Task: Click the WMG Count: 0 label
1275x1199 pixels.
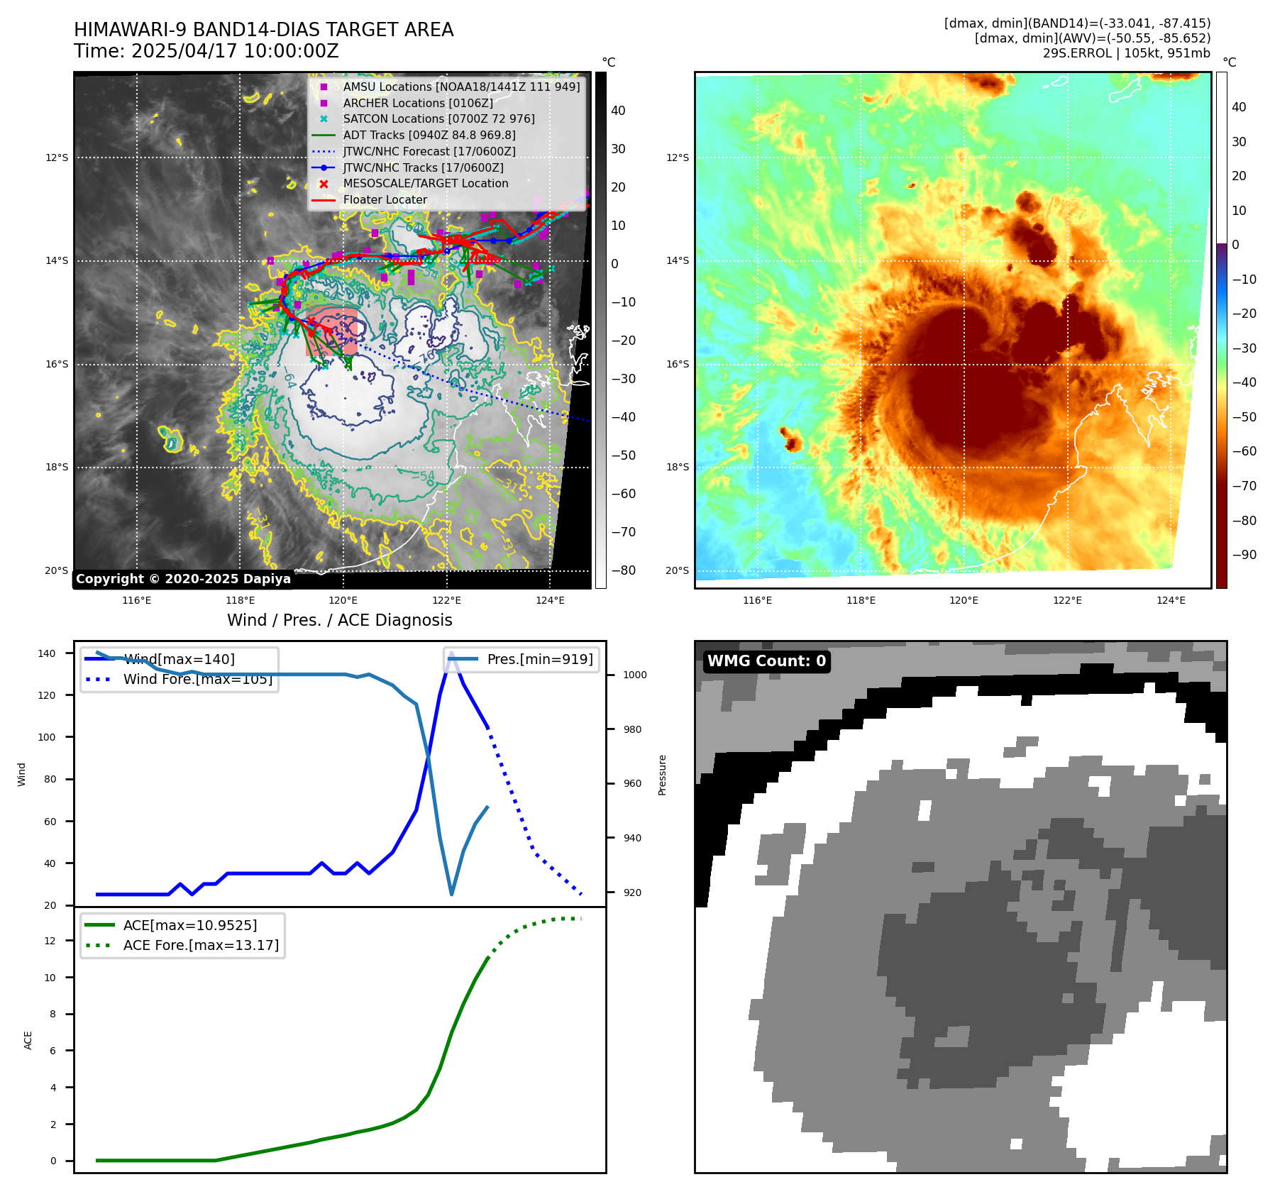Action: coord(766,661)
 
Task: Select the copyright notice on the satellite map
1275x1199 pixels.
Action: coord(183,579)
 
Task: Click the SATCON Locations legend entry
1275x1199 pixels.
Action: coord(438,119)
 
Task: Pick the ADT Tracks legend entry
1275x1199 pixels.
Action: coord(429,135)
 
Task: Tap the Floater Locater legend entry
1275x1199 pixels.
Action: coord(385,200)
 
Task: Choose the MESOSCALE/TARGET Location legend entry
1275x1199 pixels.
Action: coord(426,184)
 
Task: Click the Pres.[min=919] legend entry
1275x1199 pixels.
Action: coord(539,659)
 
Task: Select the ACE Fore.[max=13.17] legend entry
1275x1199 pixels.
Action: coord(201,945)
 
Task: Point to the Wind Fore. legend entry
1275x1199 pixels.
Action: coord(197,679)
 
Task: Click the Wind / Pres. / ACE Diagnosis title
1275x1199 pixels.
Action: coord(339,620)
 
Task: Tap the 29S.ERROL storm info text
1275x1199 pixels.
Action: coord(1126,53)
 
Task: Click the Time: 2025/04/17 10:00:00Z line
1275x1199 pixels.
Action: coord(206,52)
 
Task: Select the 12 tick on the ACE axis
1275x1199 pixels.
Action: coord(50,941)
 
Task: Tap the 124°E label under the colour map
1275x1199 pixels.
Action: coord(1171,600)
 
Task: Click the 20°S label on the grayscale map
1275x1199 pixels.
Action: coord(57,570)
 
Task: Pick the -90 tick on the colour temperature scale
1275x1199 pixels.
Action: coord(1244,555)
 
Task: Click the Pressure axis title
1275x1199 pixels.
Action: coord(662,775)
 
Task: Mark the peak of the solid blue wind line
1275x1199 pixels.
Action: coord(451,652)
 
